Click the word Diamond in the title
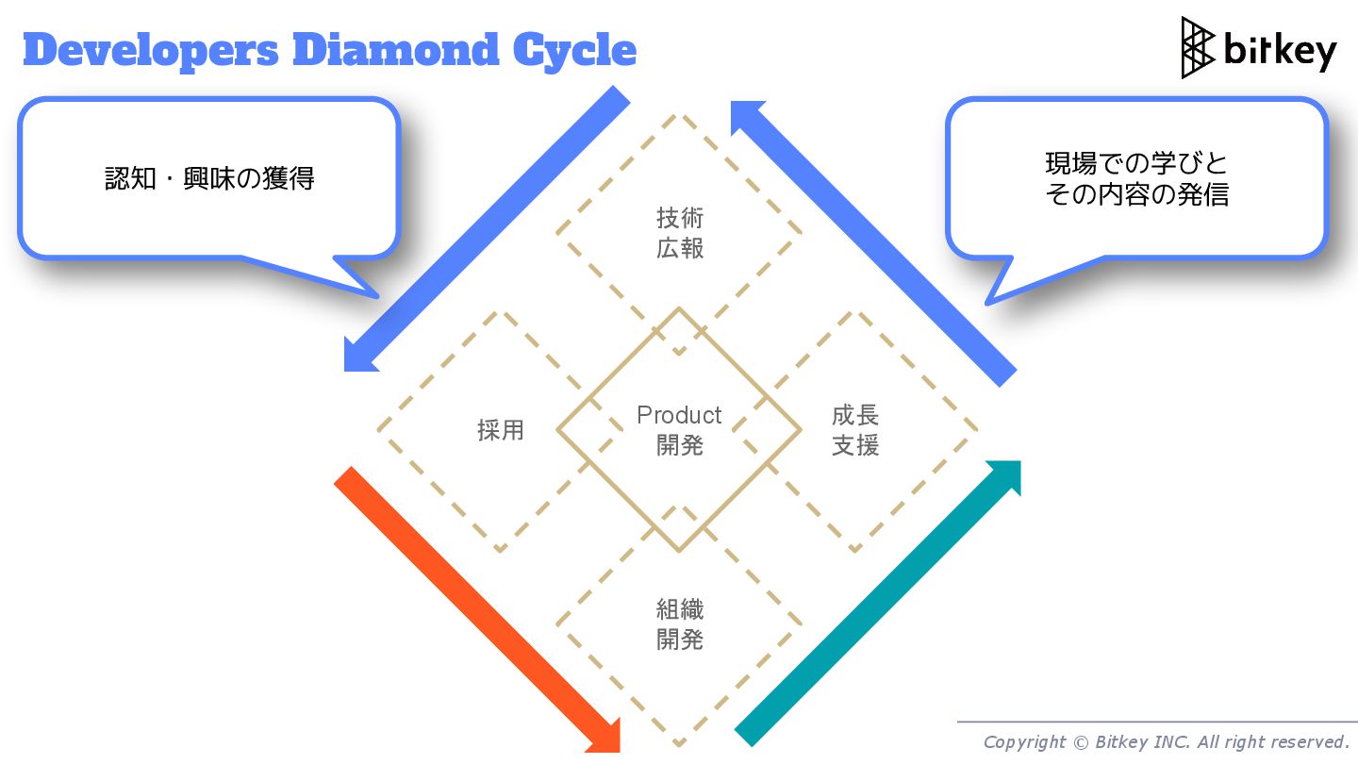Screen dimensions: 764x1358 397,50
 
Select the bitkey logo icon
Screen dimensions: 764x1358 1198,47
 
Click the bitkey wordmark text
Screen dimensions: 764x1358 1280,50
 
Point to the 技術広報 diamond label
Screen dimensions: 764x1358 680,233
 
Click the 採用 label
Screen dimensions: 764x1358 501,431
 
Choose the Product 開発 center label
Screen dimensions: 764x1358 679,430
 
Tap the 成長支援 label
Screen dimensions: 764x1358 855,430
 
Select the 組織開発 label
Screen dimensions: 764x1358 680,624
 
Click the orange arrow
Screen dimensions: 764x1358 472,604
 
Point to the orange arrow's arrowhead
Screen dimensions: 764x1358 604,736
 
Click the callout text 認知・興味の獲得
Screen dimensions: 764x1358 209,178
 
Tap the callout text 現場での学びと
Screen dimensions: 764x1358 1137,163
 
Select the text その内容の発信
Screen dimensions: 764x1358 1137,194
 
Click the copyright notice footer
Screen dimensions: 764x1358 1166,742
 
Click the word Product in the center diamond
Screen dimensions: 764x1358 679,415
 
